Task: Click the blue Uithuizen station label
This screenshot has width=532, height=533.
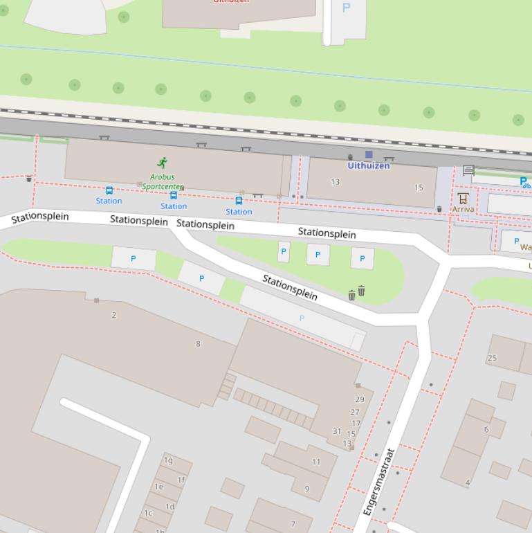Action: tap(369, 166)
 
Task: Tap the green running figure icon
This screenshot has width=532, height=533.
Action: tap(163, 163)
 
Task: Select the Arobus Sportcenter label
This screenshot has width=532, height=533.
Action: tap(162, 181)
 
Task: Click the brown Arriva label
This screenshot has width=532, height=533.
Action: tap(463, 209)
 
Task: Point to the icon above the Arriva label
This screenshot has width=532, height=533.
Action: tap(463, 198)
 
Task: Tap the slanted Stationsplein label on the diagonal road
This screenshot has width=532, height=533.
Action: tap(290, 287)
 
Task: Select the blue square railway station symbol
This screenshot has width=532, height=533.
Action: tap(369, 154)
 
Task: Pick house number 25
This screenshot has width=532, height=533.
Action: tap(492, 358)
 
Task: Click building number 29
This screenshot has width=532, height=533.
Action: tap(359, 399)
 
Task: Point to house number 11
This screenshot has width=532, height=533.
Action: tap(316, 462)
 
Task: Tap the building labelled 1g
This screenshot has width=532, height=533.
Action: tap(168, 460)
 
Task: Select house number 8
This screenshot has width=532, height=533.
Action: tap(198, 343)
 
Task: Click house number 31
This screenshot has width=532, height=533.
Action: tap(337, 431)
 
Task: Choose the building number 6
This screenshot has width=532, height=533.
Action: tap(486, 429)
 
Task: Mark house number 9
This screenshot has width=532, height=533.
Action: tap(307, 489)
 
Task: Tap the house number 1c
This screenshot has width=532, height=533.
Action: tap(148, 513)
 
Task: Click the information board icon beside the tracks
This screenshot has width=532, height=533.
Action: tap(468, 170)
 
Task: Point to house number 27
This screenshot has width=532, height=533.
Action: tap(356, 412)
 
